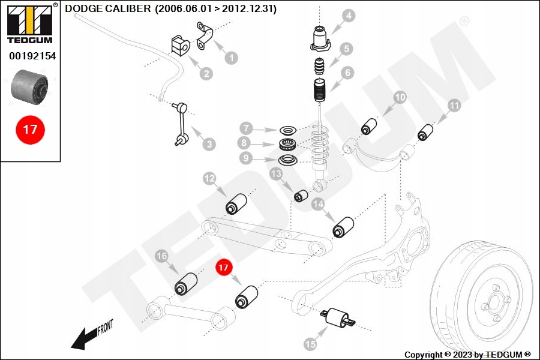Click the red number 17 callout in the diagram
pyautogui.click(x=224, y=268)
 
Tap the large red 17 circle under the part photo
pyautogui.click(x=30, y=130)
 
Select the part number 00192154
pyautogui.click(x=32, y=56)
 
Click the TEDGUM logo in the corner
pyautogui.click(x=31, y=24)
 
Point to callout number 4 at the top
pyautogui.click(x=349, y=16)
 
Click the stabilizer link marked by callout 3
pyautogui.click(x=181, y=123)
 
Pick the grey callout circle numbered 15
pyautogui.click(x=310, y=343)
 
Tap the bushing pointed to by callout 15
pyautogui.click(x=337, y=317)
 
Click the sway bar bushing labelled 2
pyautogui.click(x=180, y=45)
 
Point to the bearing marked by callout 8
pyautogui.click(x=287, y=144)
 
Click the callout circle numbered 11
pyautogui.click(x=454, y=106)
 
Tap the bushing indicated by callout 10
pyautogui.click(x=369, y=127)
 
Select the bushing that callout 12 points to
pyautogui.click(x=236, y=204)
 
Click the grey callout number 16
pyautogui.click(x=161, y=256)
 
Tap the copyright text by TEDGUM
pyautogui.click(x=467, y=355)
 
